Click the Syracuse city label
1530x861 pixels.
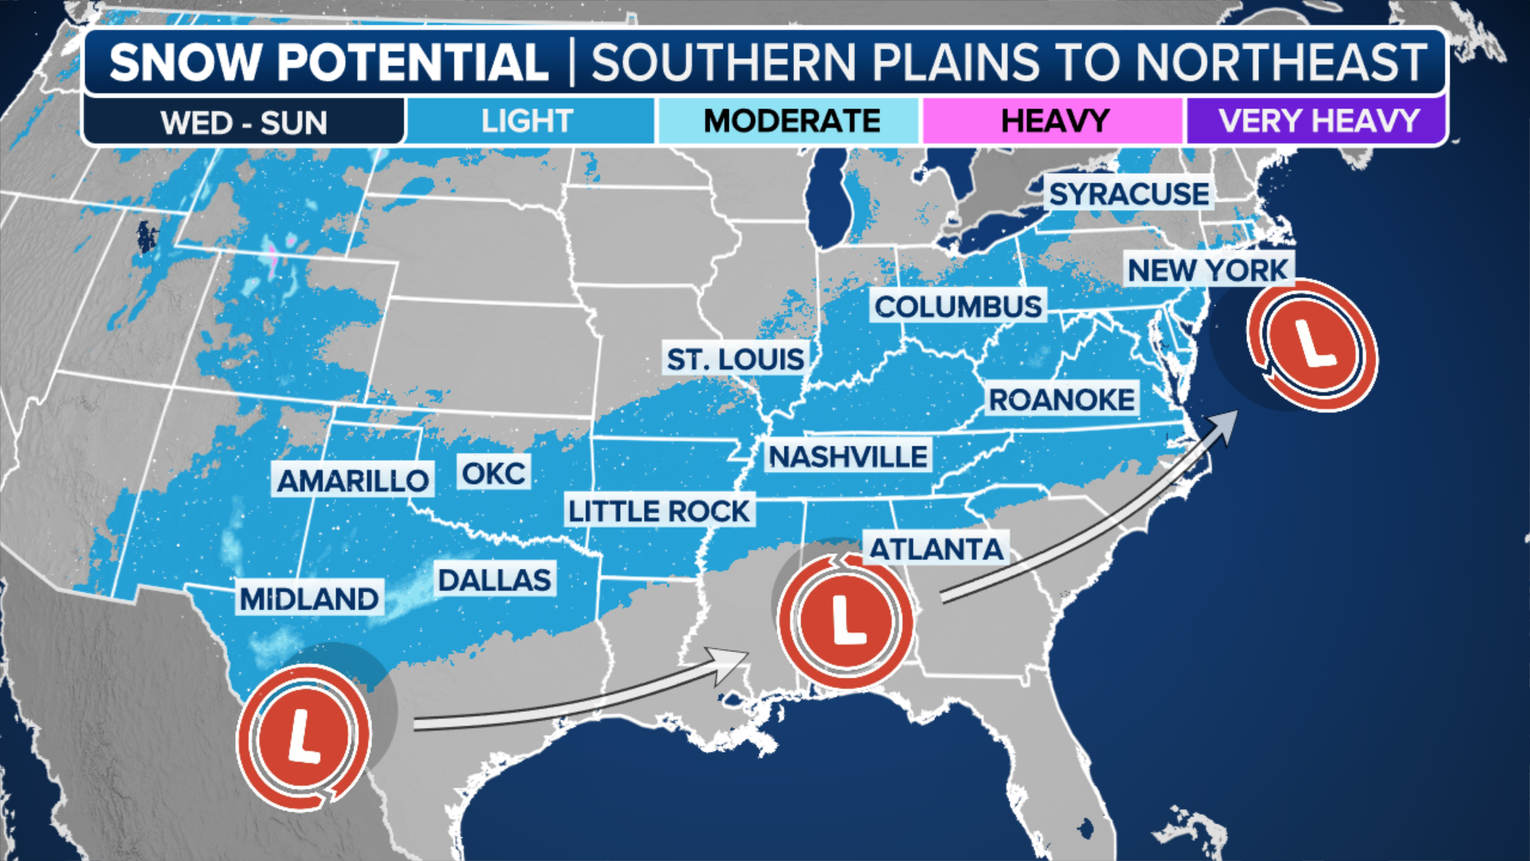[x=1128, y=194]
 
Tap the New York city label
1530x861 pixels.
[x=1207, y=270]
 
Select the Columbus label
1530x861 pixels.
[x=958, y=306]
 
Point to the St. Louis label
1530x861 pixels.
[x=735, y=360]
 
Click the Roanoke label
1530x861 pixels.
[x=1061, y=399]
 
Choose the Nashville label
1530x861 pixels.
[x=848, y=457]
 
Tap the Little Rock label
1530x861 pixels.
[x=659, y=511]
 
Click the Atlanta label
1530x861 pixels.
[x=936, y=548]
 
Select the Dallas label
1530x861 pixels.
[x=494, y=580]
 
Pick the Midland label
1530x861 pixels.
[x=309, y=599]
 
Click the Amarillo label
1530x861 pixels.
[x=352, y=480]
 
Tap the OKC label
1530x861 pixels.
[x=493, y=474]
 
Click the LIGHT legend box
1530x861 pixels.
[x=528, y=121]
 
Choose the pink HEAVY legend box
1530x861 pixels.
[x=1053, y=121]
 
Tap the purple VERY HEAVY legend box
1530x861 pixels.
[x=1316, y=121]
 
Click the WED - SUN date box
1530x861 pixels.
[x=244, y=123]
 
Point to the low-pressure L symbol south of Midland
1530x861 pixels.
[x=304, y=737]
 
